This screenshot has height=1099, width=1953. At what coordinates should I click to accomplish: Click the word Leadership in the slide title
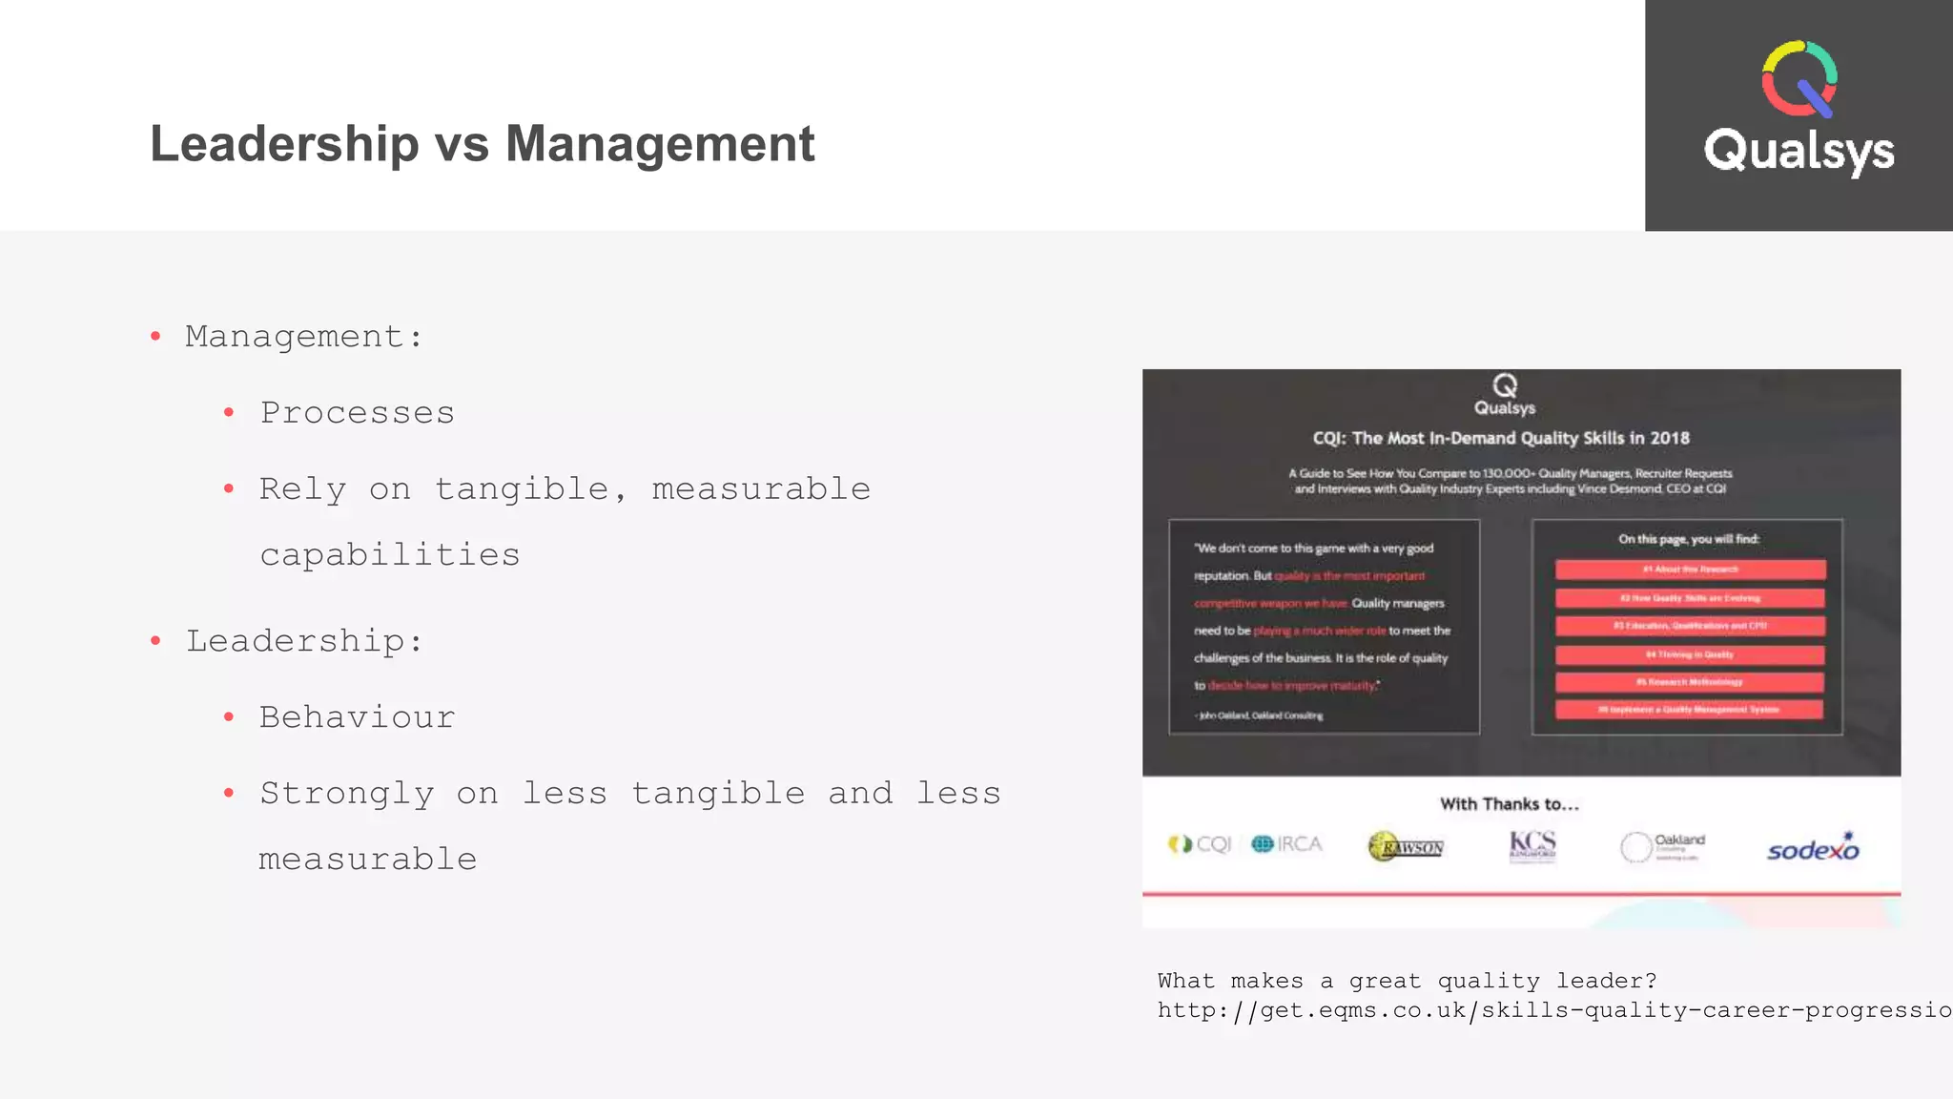coord(284,144)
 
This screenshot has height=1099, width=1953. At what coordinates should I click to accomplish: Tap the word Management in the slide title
coord(660,144)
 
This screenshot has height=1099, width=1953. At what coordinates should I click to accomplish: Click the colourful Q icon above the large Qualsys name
coord(1799,78)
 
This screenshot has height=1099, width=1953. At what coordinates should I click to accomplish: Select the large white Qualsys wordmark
coord(1799,152)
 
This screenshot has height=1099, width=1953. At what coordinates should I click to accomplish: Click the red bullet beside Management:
coord(155,336)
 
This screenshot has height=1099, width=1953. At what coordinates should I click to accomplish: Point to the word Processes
coord(358,413)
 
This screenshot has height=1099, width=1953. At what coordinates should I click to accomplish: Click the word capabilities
coord(390,554)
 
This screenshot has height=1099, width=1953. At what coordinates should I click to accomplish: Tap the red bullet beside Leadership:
coord(155,641)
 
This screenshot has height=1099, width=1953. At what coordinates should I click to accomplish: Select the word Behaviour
coord(358,717)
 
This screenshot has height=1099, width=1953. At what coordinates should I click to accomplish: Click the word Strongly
coord(347,794)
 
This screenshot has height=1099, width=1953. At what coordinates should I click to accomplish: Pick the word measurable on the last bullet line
coord(368,860)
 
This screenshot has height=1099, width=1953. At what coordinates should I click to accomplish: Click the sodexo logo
coord(1813,847)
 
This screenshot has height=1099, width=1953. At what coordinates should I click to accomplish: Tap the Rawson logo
coord(1406,846)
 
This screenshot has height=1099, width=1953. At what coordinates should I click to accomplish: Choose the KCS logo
coord(1532,845)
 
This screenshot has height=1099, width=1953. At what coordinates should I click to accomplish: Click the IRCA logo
coord(1286,844)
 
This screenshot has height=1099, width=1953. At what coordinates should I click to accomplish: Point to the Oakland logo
coord(1662,845)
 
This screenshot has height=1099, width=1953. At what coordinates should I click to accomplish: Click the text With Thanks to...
coord(1509,804)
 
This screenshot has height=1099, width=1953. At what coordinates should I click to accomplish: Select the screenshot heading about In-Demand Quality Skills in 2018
coord(1501,438)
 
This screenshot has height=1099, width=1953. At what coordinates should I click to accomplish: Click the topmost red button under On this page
coord(1690,570)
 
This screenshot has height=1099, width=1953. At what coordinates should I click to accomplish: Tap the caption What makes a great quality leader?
coord(1407,981)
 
